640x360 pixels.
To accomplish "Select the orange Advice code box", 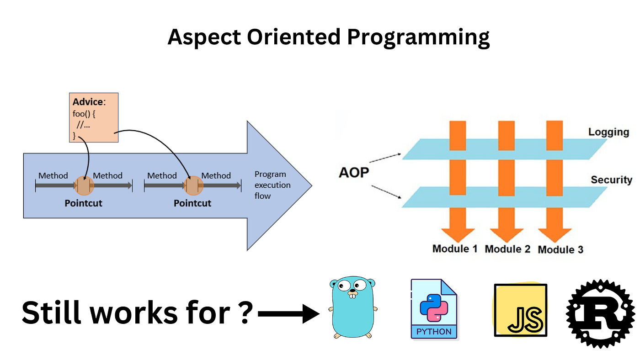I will coord(94,117).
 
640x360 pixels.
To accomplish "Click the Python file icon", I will coord(433,309).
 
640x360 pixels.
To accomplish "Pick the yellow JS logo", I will coord(520,311).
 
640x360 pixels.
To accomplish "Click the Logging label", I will coord(608,132).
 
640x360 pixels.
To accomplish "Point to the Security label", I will coord(611,180).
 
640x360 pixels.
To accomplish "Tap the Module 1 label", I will coord(454,249).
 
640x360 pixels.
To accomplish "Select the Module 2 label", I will coord(507,249).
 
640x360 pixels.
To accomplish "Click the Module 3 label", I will coord(560,249).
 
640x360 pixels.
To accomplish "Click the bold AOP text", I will coord(353,173).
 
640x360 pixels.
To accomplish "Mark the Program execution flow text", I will coord(272,185).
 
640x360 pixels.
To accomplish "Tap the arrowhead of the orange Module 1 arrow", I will coord(458,233).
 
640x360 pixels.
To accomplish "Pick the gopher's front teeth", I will coord(352,296).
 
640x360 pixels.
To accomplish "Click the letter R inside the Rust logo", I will coord(600,313).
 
